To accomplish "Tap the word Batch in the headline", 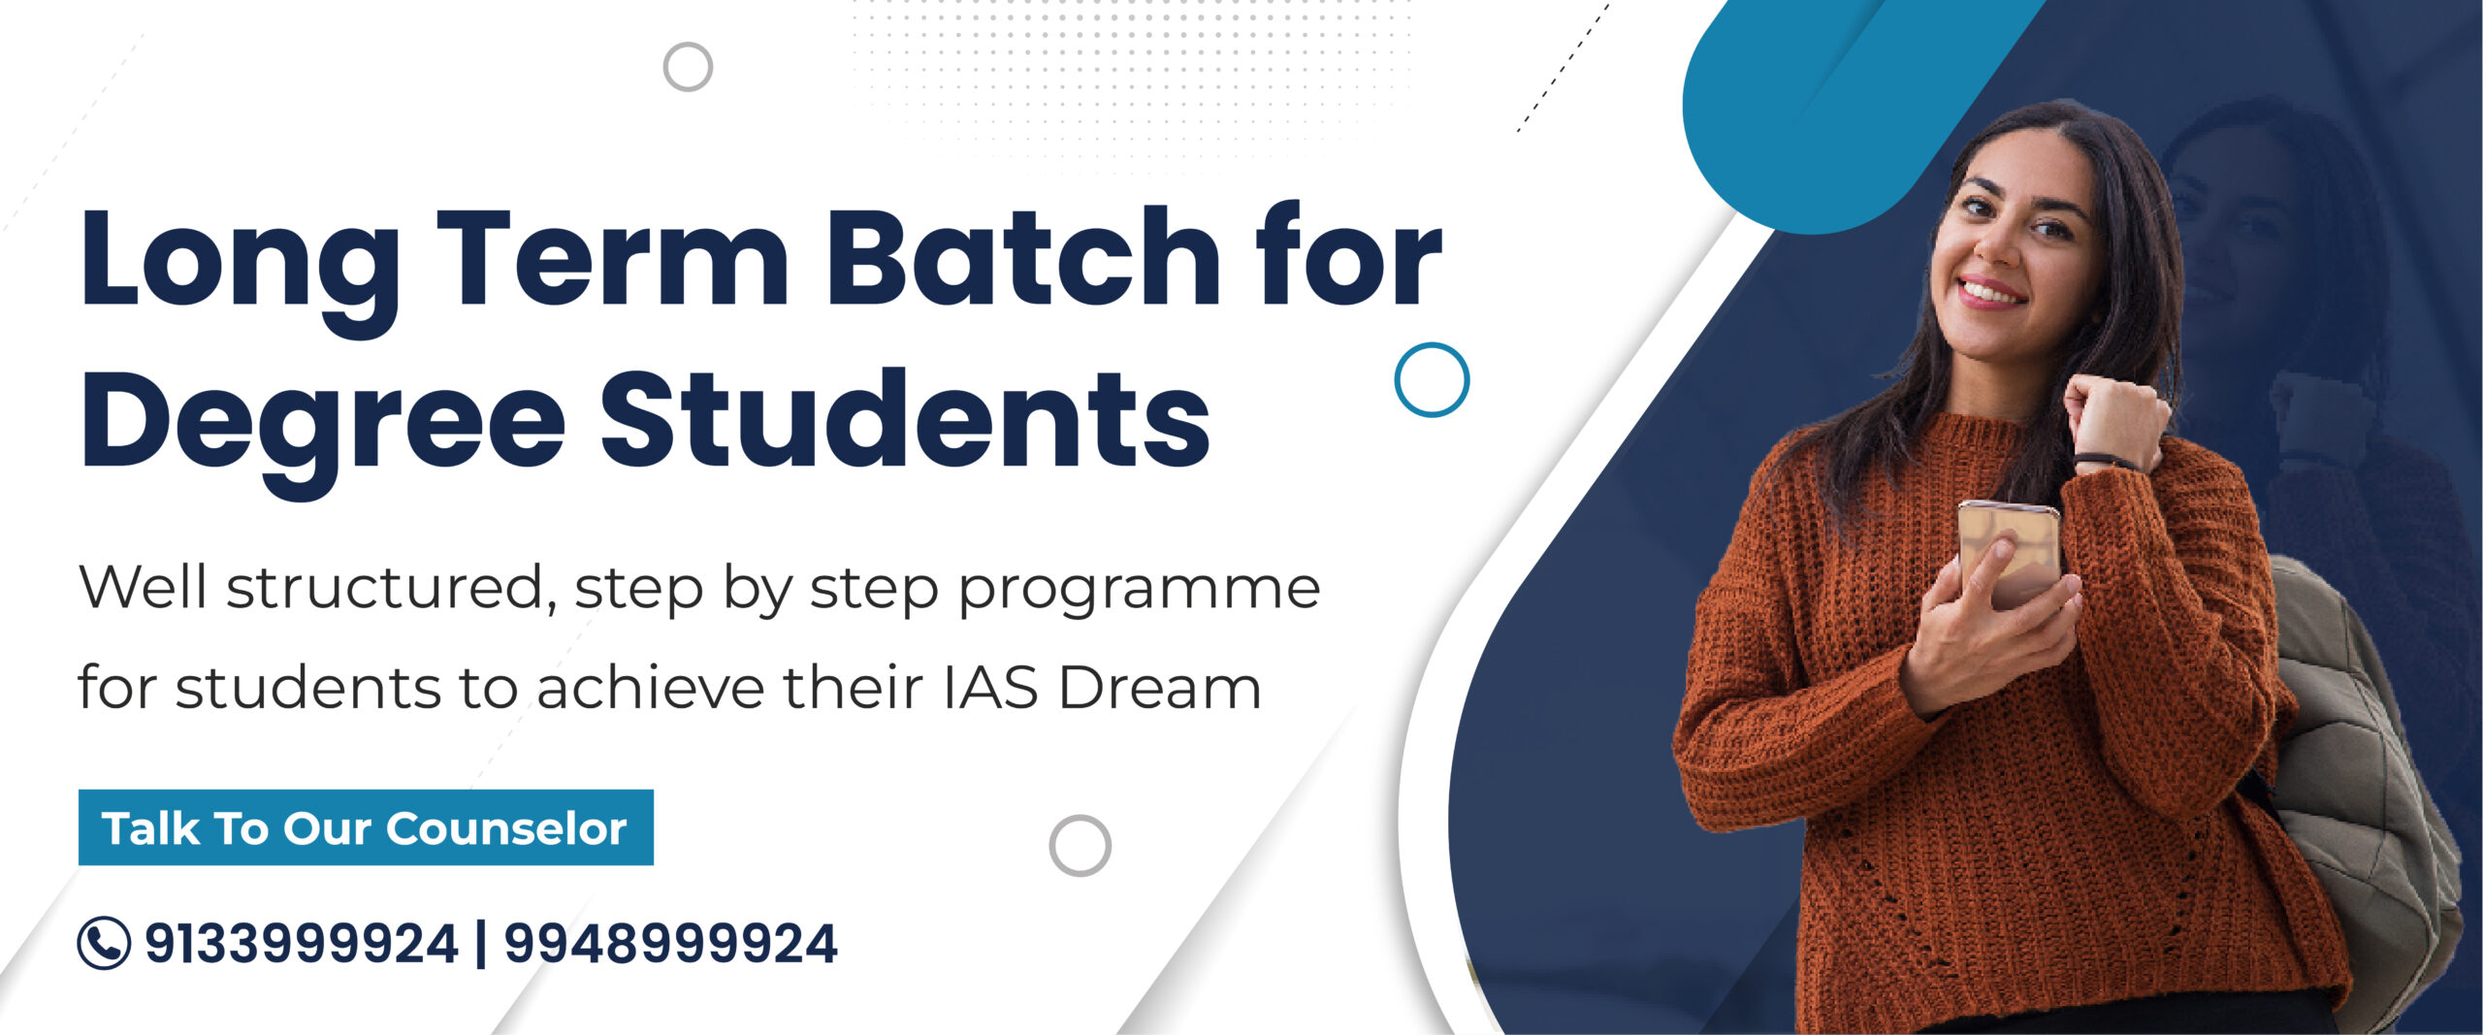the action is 1022,256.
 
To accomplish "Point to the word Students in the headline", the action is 906,418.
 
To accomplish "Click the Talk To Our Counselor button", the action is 366,827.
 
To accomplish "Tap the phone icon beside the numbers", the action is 104,943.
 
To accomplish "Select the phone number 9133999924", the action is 302,944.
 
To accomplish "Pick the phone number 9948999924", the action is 670,944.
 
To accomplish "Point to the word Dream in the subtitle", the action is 1160,688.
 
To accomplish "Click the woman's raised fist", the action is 2114,417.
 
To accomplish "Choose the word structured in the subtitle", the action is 391,587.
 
